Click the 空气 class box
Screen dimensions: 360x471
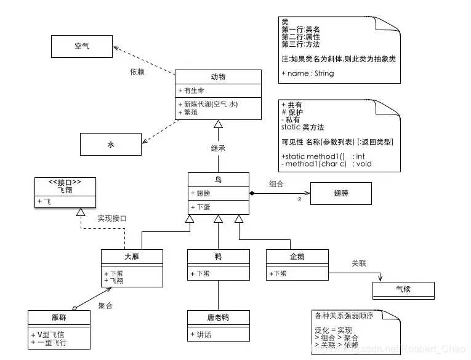[81, 46]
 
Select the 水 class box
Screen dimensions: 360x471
[111, 145]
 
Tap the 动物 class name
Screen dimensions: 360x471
[218, 77]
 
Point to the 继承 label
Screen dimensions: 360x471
[218, 148]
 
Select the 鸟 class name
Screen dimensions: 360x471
[218, 180]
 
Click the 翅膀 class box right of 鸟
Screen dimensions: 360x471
[341, 193]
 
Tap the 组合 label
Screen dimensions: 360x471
[276, 183]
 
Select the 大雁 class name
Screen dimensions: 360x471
[132, 257]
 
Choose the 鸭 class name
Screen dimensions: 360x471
[218, 257]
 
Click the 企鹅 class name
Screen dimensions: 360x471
[297, 257]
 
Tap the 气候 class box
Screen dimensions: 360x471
[403, 290]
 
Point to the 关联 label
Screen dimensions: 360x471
[359, 263]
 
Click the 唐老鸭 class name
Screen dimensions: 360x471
[218, 318]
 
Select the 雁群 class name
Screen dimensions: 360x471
[59, 318]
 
